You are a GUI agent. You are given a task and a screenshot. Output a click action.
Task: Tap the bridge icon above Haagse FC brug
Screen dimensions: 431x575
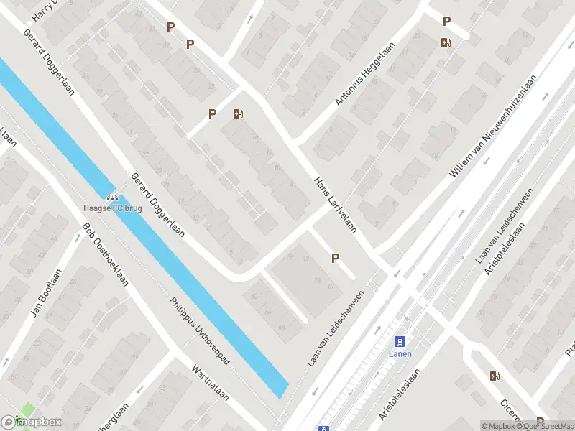coord(112,198)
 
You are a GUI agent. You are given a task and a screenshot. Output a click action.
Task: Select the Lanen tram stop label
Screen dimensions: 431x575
coord(400,353)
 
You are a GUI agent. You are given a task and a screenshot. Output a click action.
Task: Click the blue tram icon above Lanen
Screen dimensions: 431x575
coord(400,340)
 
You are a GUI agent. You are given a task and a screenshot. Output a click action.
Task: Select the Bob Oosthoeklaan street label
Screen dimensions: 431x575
coord(105,254)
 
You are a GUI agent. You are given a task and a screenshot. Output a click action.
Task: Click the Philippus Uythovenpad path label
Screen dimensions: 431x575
coord(199,332)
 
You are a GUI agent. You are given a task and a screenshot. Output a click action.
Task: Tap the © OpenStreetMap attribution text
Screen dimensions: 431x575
coord(548,426)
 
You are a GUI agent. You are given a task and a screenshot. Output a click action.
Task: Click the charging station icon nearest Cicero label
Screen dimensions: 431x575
coord(494,376)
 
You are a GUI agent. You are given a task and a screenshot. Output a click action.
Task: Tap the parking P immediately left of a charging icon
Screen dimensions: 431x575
coord(212,113)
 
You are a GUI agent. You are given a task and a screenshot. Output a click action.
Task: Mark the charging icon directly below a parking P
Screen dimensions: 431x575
coord(446,42)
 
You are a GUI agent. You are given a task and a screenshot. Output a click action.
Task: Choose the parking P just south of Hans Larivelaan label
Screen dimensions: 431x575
coord(334,258)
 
